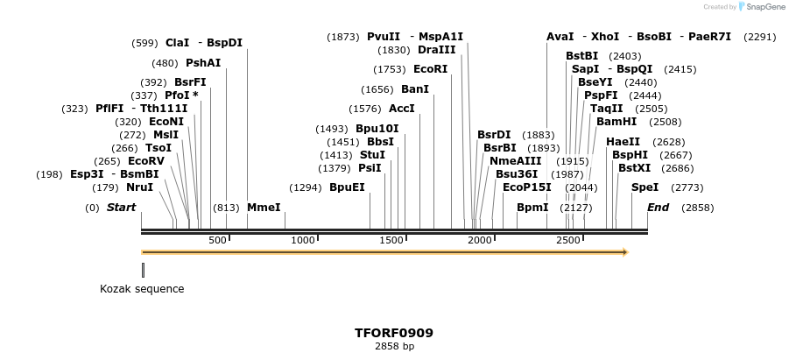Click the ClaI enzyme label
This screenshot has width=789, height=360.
point(177,43)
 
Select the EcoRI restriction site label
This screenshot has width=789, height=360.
point(430,69)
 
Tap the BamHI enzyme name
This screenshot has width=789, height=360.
point(616,122)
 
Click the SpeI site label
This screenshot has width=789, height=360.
point(645,187)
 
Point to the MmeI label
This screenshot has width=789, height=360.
point(264,208)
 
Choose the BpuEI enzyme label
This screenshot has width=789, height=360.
point(347,187)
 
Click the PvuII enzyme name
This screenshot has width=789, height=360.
point(384,37)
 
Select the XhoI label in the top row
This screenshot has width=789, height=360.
point(605,37)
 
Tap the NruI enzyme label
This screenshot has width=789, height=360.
point(139,187)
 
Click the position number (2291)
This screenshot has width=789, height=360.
point(759,37)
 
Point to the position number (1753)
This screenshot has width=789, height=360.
point(389,69)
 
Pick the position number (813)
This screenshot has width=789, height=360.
point(226,208)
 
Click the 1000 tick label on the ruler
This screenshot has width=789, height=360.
point(303,240)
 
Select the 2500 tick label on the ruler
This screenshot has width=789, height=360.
point(568,240)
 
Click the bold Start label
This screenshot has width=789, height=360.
point(121,208)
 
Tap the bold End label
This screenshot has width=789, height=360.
point(658,208)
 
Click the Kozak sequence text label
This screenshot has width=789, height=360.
point(142,289)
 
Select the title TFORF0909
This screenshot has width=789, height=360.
point(394,333)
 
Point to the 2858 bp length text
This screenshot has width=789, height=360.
point(394,347)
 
